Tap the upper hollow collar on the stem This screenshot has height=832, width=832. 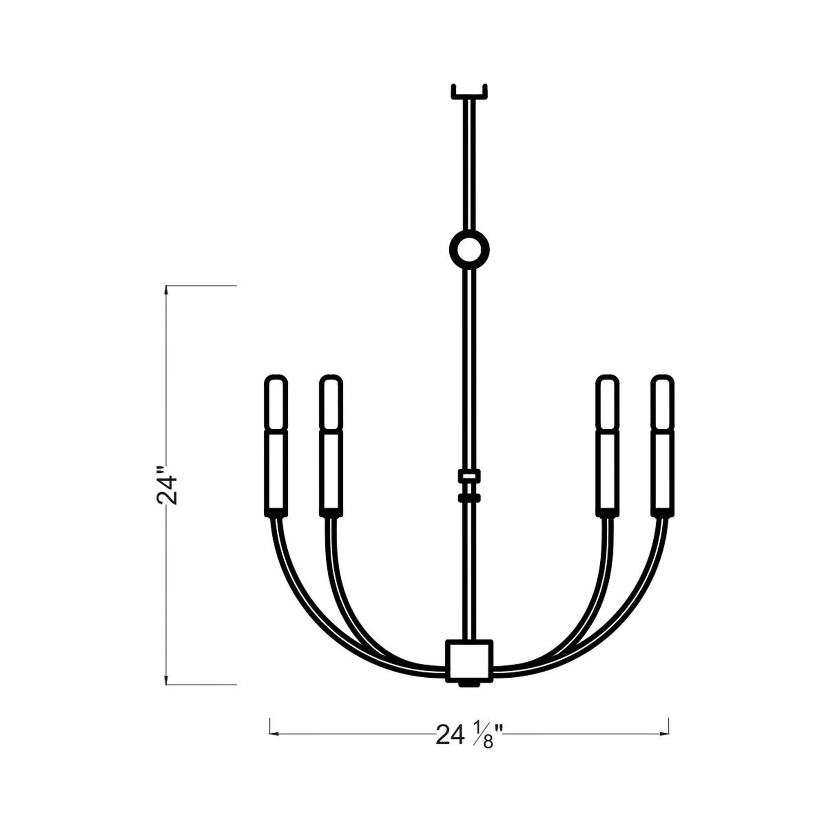click(x=469, y=476)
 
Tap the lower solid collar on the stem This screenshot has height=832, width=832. click(x=469, y=498)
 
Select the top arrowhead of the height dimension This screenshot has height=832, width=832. click(x=167, y=290)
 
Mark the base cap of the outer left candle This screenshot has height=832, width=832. click(x=276, y=513)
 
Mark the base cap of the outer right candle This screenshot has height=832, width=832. click(x=662, y=513)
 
